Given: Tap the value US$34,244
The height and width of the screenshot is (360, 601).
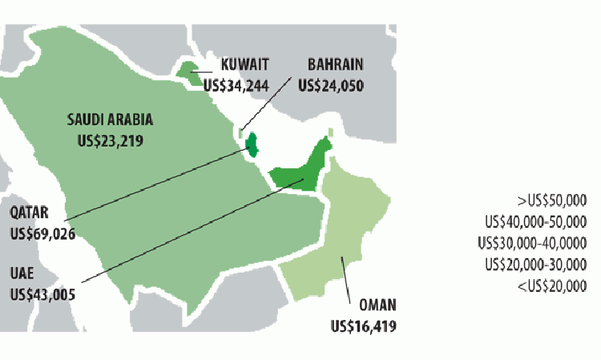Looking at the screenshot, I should [x=235, y=83].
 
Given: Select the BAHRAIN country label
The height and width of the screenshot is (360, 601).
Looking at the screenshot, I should [x=337, y=65].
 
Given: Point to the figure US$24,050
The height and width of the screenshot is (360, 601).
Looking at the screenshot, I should [x=331, y=83].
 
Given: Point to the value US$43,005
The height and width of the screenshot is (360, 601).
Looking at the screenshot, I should [x=42, y=293].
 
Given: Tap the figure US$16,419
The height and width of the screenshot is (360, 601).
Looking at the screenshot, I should [x=363, y=326].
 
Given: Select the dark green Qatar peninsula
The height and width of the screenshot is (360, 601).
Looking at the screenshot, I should [x=251, y=144].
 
